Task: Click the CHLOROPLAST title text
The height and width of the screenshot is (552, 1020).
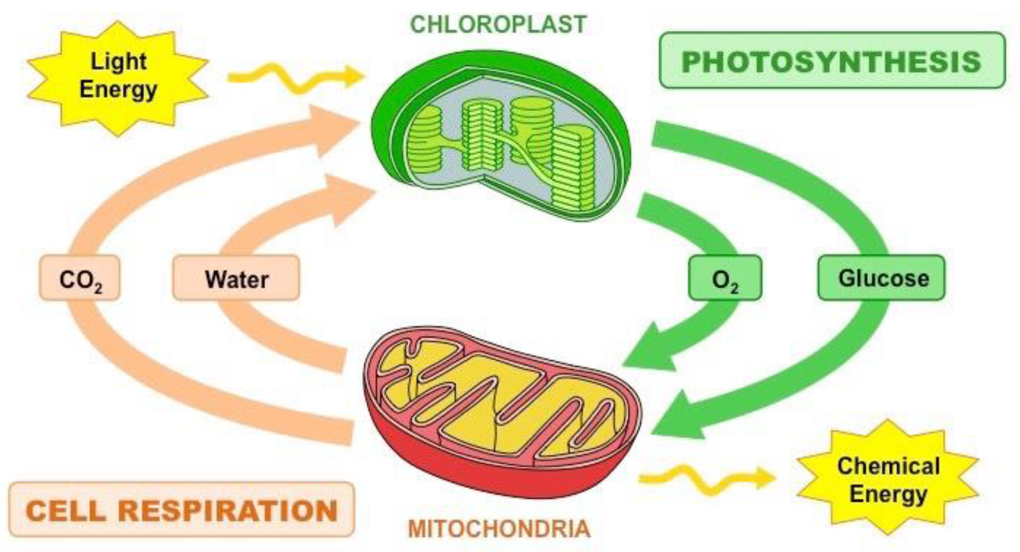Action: [x=498, y=24]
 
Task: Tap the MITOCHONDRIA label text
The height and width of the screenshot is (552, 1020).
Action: [x=499, y=529]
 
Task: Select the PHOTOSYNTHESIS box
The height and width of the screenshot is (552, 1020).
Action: [x=832, y=60]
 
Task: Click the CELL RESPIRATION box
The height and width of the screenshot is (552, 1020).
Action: [x=181, y=510]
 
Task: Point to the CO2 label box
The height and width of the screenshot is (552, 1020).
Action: [x=80, y=278]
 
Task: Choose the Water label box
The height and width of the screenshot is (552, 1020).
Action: [x=236, y=278]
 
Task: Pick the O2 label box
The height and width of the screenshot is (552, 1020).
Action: [x=725, y=278]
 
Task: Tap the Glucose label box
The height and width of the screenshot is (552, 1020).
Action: [x=882, y=278]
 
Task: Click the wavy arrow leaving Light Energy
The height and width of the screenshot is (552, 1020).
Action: [x=296, y=77]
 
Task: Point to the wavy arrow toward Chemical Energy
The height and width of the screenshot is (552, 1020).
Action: [x=707, y=478]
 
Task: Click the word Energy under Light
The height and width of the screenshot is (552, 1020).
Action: [x=118, y=90]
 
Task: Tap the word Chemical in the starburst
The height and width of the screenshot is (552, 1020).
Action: [x=888, y=466]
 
